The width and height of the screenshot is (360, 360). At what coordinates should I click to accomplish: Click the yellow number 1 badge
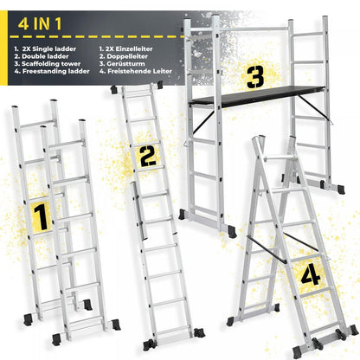point(38,215)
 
